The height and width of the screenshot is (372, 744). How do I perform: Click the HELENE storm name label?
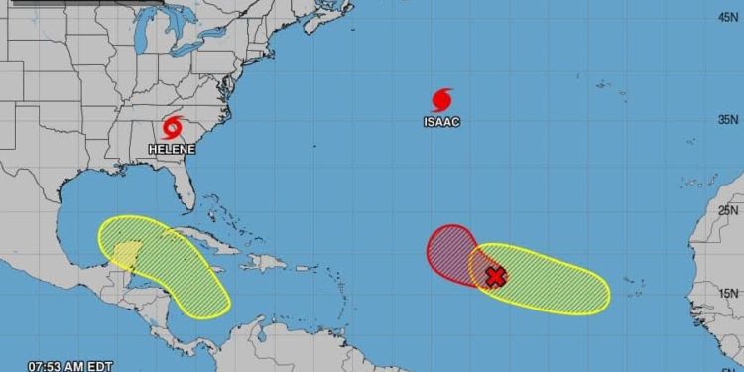coord(172,149)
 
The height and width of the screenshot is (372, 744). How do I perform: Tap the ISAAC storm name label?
coord(441,122)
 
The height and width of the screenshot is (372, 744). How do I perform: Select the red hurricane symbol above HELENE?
coord(174,128)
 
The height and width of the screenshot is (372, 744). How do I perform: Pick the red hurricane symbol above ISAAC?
coord(442,99)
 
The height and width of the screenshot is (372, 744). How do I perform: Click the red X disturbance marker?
coord(495,277)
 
